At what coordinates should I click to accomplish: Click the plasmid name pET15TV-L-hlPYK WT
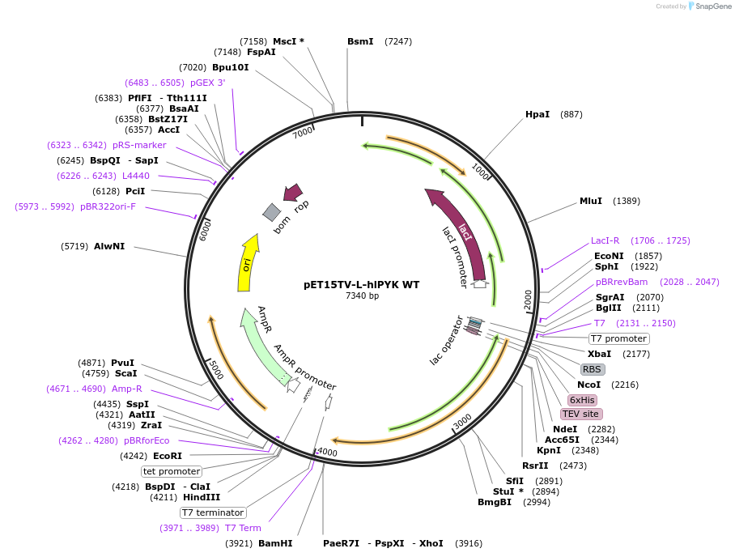pos(361,285)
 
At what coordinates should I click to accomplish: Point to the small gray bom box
pos(272,212)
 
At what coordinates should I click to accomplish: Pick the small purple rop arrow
pos(291,193)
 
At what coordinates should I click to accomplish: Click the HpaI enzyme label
pos(537,114)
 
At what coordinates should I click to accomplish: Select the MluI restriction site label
pos(591,201)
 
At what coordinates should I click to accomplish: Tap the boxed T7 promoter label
pos(618,338)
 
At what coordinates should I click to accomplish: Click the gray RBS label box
pos(592,369)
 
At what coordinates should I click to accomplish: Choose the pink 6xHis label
pos(582,400)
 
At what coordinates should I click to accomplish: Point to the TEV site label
pos(580,414)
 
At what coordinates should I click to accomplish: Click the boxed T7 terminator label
pos(213,512)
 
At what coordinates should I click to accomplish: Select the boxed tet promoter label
pos(171,471)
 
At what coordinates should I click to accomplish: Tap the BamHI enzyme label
pos(275,543)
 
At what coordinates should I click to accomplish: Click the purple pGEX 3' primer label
pos(208,83)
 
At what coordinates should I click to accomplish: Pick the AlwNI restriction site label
pos(109,246)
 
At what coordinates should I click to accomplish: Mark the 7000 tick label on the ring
pos(303,132)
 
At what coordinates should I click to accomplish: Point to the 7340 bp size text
pos(362,296)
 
